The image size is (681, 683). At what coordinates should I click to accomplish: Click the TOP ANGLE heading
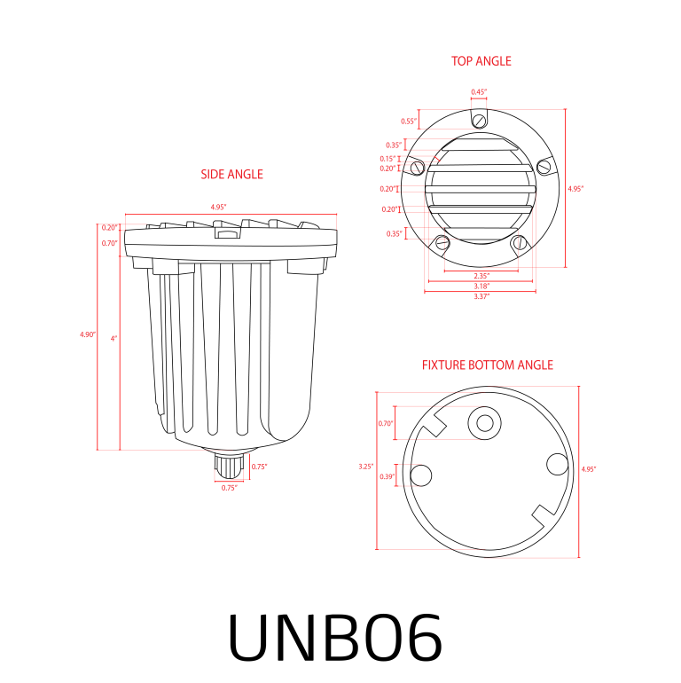coord(481,61)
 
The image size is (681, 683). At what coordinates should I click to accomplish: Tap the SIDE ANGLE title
coord(231,175)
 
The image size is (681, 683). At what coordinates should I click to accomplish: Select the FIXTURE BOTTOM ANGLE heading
coord(487,365)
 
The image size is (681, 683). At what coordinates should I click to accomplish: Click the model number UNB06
coord(335,636)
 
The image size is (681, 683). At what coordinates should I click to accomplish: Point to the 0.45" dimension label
coord(478,92)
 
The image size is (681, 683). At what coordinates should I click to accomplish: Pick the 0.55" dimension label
coord(408,122)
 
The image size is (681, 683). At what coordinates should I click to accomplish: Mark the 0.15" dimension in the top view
coord(388,159)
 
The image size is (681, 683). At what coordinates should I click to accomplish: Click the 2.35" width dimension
coord(481,276)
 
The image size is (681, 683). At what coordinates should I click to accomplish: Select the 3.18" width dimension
coord(481,286)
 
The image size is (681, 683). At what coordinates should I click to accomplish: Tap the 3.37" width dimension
coord(481,296)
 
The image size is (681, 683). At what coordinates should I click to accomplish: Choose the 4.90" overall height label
coord(86,334)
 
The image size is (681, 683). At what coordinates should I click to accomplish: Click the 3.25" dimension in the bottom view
coord(365,466)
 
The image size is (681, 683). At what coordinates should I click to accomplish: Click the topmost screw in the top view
coord(479,121)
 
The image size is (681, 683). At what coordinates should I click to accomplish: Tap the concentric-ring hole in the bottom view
coord(484,423)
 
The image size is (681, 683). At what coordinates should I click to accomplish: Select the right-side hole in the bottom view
coord(557,464)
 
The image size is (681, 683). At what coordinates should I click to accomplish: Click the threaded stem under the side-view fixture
coord(230,465)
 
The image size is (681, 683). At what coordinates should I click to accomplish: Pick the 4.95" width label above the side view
coord(218,207)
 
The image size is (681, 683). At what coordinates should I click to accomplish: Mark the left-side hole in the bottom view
coord(421,475)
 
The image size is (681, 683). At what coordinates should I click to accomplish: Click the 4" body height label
coord(113,338)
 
